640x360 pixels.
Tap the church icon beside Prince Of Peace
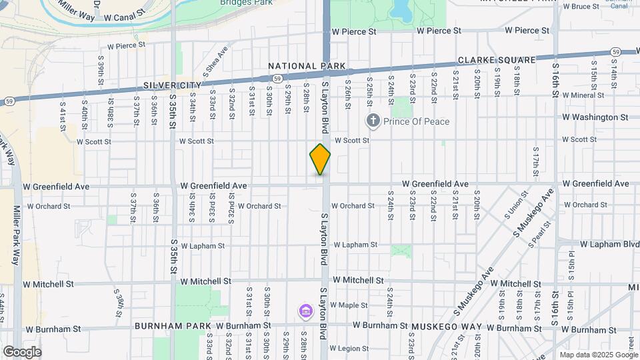pyautogui.click(x=373, y=121)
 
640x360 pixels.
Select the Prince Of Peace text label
pyautogui.click(x=417, y=121)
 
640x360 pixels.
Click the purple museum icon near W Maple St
pyautogui.click(x=305, y=311)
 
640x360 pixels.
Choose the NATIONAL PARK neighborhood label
pyautogui.click(x=307, y=66)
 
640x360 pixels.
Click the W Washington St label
pyautogui.click(x=595, y=117)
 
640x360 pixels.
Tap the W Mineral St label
pyautogui.click(x=588, y=95)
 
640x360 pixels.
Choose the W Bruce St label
pyautogui.click(x=581, y=7)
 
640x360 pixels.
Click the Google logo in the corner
pyautogui.click(x=22, y=352)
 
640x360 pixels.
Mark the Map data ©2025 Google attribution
pyautogui.click(x=599, y=355)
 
